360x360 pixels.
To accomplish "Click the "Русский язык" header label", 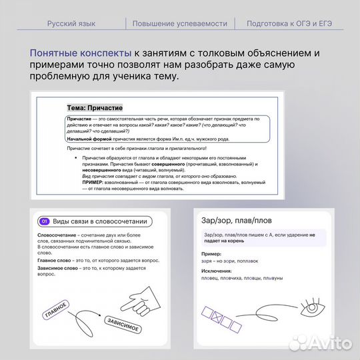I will point(71,23).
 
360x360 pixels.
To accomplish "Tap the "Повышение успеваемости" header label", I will point(179,23).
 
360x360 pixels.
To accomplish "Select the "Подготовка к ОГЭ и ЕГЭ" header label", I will point(289,23).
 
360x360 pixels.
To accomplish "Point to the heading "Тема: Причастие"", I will point(94,107).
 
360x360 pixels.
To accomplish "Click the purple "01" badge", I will point(45,222).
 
